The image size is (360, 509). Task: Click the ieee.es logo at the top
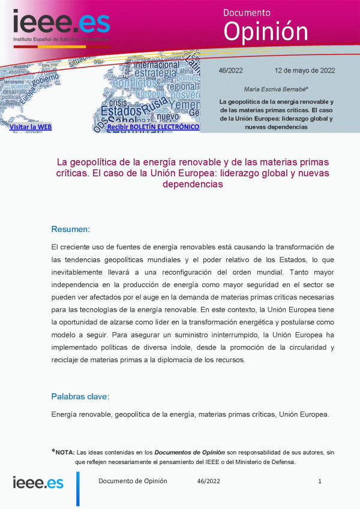pos(62,24)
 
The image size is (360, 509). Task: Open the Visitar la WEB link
pos(31,127)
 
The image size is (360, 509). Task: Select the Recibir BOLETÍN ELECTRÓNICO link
pos(153,127)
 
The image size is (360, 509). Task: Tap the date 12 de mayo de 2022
pos(305,70)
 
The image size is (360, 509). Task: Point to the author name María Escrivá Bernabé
pos(276,89)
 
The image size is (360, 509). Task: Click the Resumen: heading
pos(71,229)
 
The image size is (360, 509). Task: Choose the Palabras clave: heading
pos(80,396)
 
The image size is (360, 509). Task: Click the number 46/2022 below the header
pos(231,70)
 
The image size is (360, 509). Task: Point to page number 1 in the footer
pos(320,481)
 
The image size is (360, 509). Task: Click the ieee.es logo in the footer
pos(38,483)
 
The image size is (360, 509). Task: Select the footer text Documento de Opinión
pos(133,481)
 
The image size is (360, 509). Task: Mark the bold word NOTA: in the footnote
pos(65,452)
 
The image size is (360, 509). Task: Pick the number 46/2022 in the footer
pos(208,481)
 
